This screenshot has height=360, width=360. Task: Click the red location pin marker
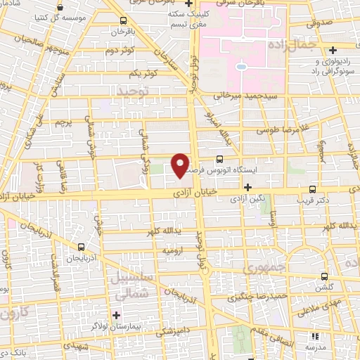pyautogui.click(x=181, y=165)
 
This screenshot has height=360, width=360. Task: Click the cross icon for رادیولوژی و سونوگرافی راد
pyautogui.click(x=333, y=49)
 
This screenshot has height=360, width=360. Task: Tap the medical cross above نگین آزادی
pyautogui.click(x=247, y=187)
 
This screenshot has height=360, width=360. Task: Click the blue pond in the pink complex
pyautogui.click(x=241, y=68)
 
